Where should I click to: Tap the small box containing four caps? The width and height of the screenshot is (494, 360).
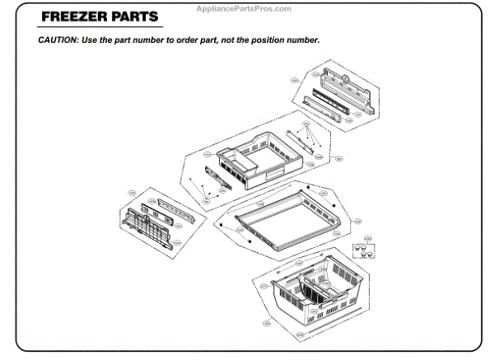click(x=361, y=251)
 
